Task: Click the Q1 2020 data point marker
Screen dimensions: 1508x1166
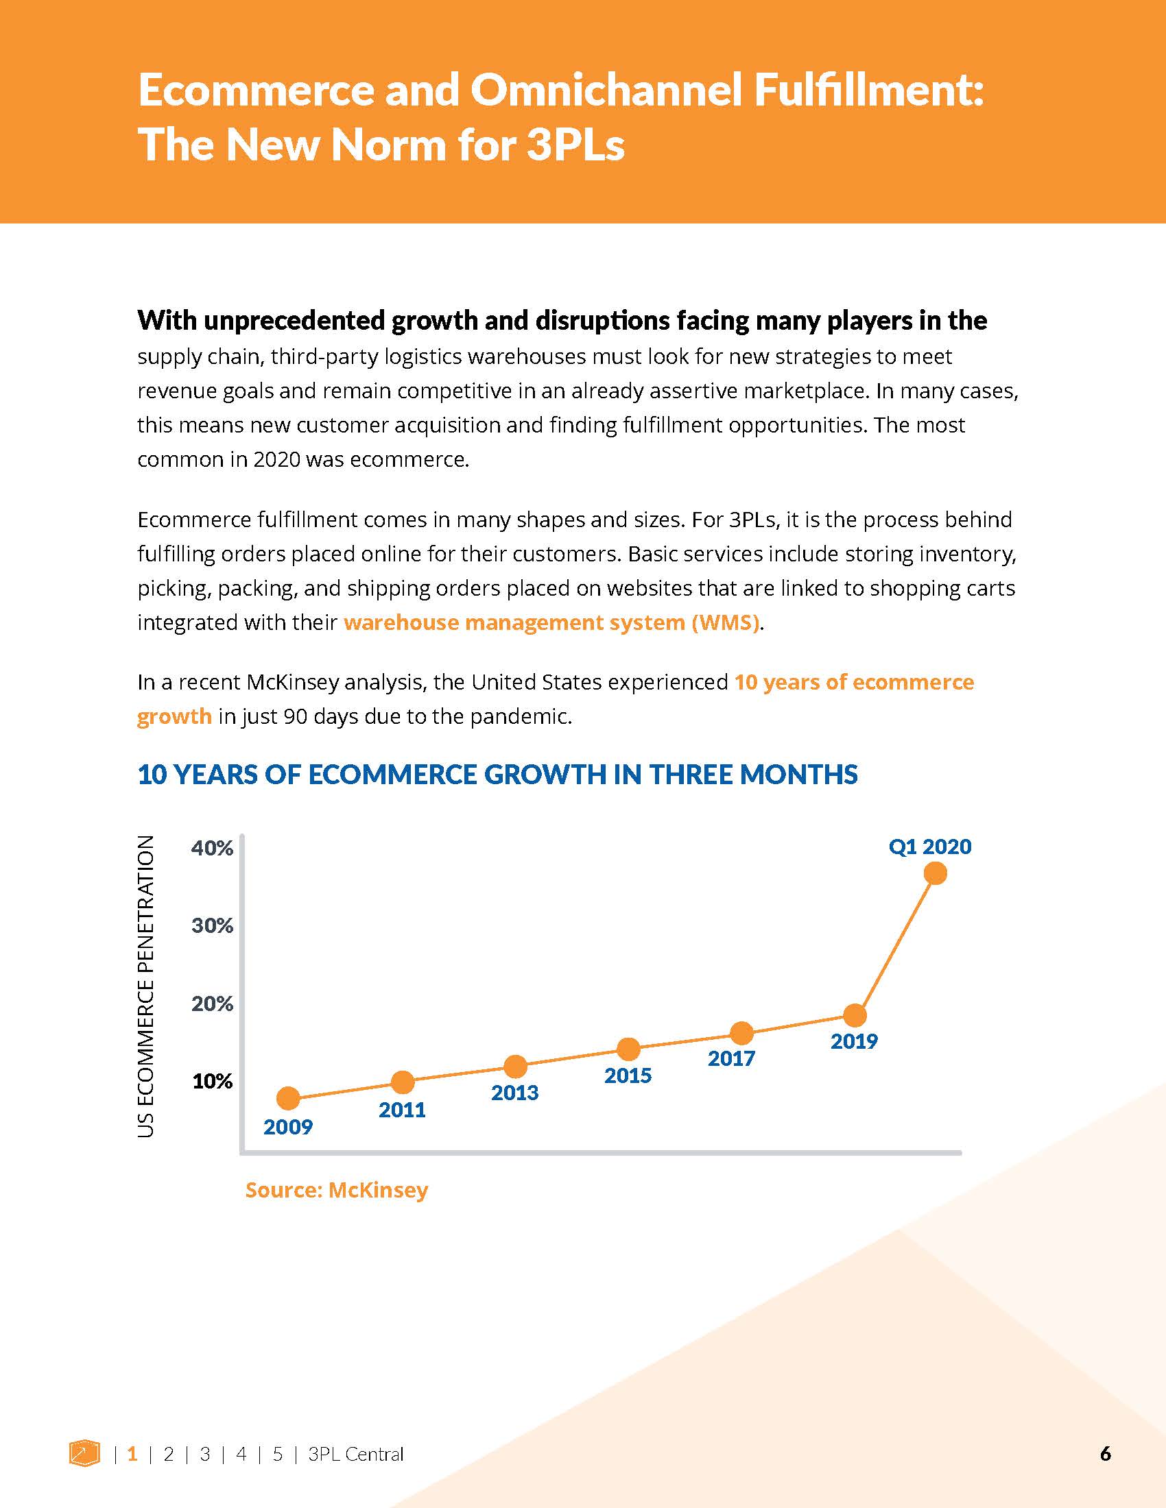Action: [x=936, y=873]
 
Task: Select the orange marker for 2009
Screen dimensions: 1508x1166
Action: [x=288, y=1098]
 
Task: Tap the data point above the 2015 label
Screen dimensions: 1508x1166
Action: [x=628, y=1049]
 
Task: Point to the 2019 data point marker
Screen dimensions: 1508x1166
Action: [x=855, y=1015]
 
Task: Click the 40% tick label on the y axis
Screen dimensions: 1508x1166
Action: [x=212, y=848]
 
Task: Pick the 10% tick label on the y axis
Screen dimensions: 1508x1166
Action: [x=212, y=1081]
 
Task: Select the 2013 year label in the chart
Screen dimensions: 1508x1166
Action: [x=514, y=1093]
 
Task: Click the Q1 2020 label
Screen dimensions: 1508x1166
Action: [x=930, y=847]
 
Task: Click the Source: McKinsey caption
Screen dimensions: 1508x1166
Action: [x=336, y=1190]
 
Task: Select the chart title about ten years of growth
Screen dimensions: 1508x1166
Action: [x=497, y=775]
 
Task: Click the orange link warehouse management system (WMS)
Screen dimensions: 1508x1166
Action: [x=551, y=623]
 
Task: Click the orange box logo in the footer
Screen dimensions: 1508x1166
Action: [x=84, y=1452]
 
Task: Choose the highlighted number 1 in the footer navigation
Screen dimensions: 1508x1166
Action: [x=132, y=1454]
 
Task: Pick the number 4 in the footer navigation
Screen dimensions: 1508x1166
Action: [x=241, y=1454]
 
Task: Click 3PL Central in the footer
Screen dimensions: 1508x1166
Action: [x=356, y=1454]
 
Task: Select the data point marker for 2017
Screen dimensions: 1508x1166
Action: [x=741, y=1033]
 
